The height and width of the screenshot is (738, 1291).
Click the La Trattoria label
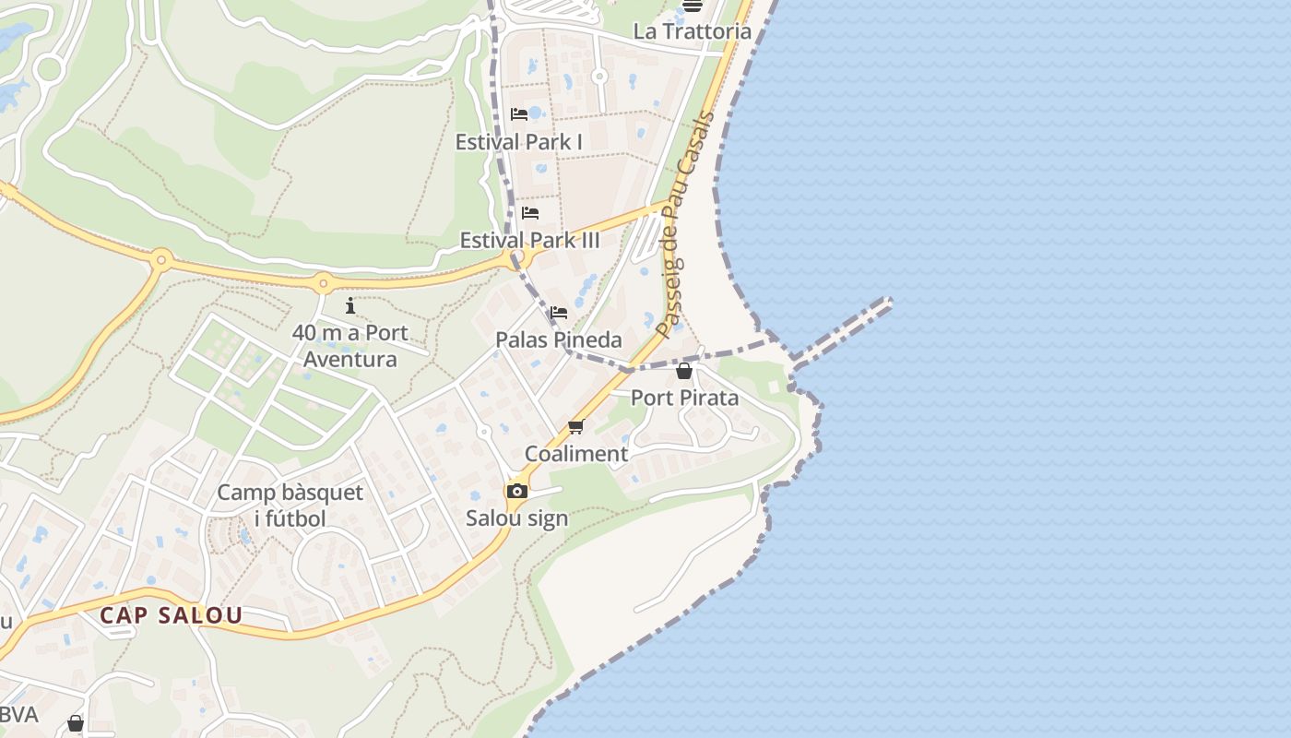(x=692, y=31)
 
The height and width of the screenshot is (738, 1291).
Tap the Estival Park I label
(x=518, y=142)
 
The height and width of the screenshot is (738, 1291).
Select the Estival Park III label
(x=529, y=241)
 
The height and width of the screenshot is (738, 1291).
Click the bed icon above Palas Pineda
(x=558, y=313)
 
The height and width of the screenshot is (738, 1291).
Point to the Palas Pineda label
(x=559, y=339)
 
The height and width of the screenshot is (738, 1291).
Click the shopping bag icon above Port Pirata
(x=684, y=371)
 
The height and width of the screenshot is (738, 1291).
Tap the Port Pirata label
(x=684, y=398)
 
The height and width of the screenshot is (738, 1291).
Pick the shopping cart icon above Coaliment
(x=576, y=426)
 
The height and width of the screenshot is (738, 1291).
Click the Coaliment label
(x=576, y=454)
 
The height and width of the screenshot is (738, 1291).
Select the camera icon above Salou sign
(x=517, y=491)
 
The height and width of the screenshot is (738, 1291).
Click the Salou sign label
(x=516, y=518)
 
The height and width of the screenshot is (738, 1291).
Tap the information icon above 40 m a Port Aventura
(x=350, y=305)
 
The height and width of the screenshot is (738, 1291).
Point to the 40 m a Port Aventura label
(x=350, y=346)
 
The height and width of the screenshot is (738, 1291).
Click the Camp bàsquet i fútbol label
(x=278, y=506)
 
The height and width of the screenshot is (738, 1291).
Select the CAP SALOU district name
(x=172, y=615)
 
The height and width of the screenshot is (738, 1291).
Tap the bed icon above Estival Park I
(x=519, y=114)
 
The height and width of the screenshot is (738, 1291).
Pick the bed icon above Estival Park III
(x=530, y=213)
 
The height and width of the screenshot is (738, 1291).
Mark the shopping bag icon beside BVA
(x=76, y=722)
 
